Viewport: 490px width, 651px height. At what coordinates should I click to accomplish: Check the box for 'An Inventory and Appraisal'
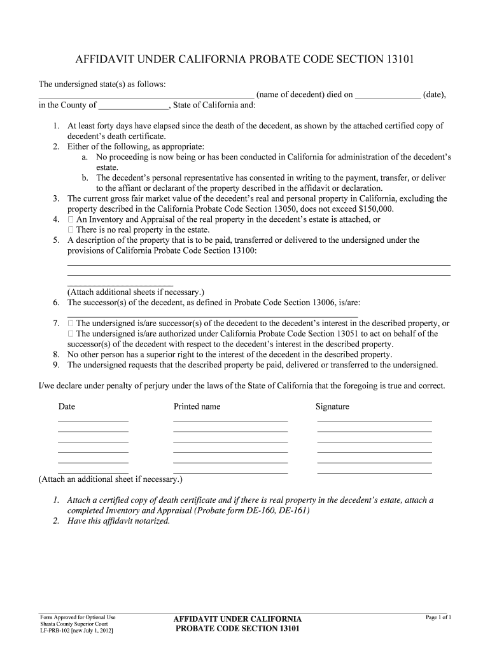click(x=71, y=219)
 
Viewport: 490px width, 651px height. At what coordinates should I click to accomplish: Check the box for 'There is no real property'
click(x=71, y=230)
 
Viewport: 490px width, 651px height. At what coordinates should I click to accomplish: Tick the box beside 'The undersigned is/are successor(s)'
click(x=71, y=324)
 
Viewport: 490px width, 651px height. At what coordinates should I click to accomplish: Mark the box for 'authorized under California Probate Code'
click(x=71, y=334)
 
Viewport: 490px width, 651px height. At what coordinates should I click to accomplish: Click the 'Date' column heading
click(x=67, y=407)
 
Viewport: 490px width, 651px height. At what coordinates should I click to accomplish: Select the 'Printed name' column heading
click(x=197, y=407)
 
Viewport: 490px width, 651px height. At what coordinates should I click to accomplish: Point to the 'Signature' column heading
click(x=332, y=407)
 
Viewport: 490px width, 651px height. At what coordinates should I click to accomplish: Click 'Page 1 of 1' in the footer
click(x=438, y=617)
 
